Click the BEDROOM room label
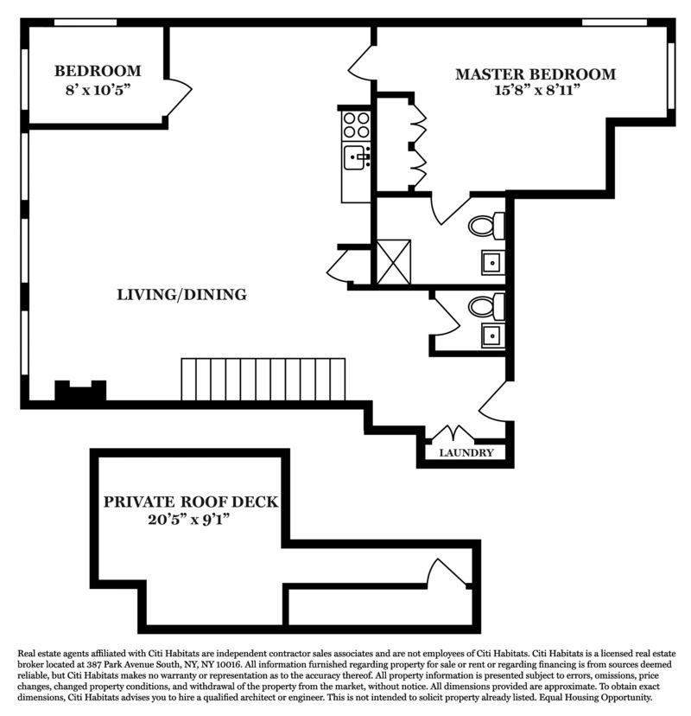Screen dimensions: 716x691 [97, 71]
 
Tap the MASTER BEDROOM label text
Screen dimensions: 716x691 [536, 74]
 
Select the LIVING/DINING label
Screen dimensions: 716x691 [181, 295]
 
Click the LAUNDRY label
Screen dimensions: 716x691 [466, 453]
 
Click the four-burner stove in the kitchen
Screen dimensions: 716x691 [356, 126]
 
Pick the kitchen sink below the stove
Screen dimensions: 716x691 [356, 158]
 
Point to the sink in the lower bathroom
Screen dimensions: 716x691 [491, 336]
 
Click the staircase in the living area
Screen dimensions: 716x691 [263, 380]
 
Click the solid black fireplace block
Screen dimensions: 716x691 [80, 392]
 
